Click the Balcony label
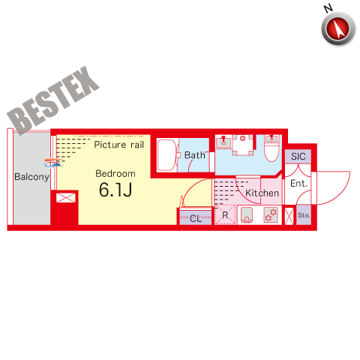[x=31, y=177]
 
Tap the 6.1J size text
[x=115, y=190]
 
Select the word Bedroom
[x=115, y=173]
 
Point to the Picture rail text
[x=119, y=145]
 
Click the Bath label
[x=195, y=155]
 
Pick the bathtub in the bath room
[x=166, y=155]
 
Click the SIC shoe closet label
[x=298, y=157]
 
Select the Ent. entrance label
[x=298, y=184]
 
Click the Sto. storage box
[x=304, y=215]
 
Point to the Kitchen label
[x=262, y=193]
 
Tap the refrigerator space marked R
[x=225, y=214]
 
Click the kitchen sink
[x=247, y=215]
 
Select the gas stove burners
[x=271, y=214]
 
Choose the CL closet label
[x=196, y=218]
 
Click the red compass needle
[x=339, y=28]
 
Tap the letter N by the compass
[x=328, y=8]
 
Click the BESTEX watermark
[x=53, y=100]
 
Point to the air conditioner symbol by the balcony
[x=53, y=162]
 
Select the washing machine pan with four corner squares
[x=242, y=145]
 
